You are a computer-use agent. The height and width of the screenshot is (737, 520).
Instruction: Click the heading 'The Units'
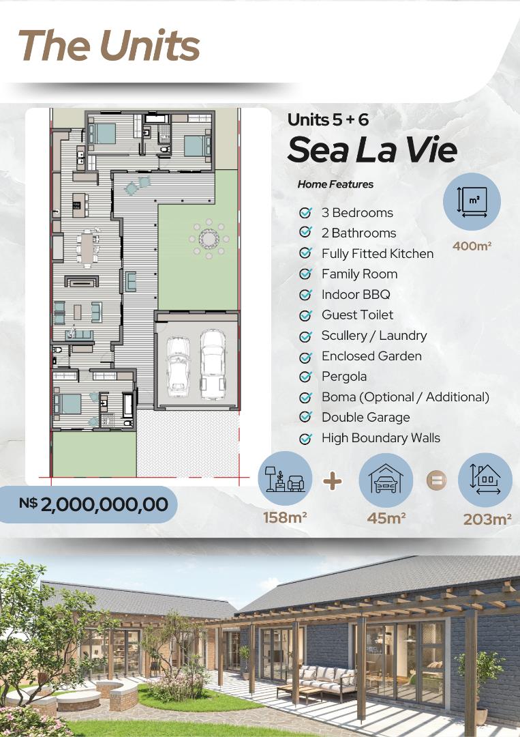(109, 46)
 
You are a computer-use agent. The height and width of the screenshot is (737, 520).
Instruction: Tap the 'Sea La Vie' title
(371, 149)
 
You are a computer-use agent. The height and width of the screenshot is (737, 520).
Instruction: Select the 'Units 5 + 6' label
(328, 119)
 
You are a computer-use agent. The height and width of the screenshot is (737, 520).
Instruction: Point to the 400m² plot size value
(472, 246)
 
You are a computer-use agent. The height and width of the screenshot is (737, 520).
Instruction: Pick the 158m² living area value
(285, 517)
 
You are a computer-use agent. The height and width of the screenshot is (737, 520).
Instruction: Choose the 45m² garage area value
(386, 517)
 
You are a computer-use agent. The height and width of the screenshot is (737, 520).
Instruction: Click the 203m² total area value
(487, 519)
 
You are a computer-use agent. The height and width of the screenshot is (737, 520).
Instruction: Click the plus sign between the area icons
(333, 481)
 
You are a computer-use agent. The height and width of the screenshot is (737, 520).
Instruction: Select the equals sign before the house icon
(436, 480)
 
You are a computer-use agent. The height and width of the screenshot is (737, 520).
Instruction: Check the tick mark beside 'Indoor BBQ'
(306, 295)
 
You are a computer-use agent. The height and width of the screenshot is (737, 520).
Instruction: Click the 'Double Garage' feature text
(365, 417)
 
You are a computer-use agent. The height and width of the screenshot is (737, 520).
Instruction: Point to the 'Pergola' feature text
(343, 376)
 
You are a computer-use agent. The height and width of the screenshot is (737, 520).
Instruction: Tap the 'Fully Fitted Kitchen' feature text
(377, 253)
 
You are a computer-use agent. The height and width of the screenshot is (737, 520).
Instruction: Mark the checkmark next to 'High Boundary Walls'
(306, 438)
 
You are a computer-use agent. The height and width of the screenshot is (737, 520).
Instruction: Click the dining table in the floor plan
(87, 248)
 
